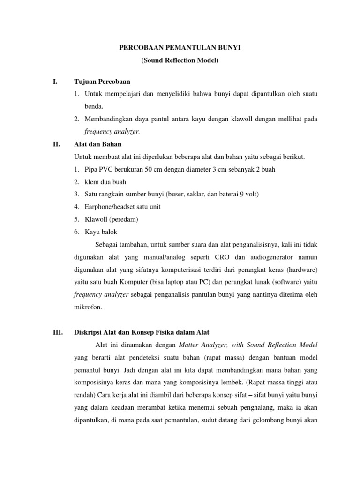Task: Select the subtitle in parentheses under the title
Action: click(180, 61)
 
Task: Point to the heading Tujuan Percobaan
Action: click(102, 82)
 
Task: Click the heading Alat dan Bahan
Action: click(98, 144)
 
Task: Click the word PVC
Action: click(106, 169)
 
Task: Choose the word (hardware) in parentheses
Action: click(300, 270)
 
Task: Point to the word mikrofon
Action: click(88, 307)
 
